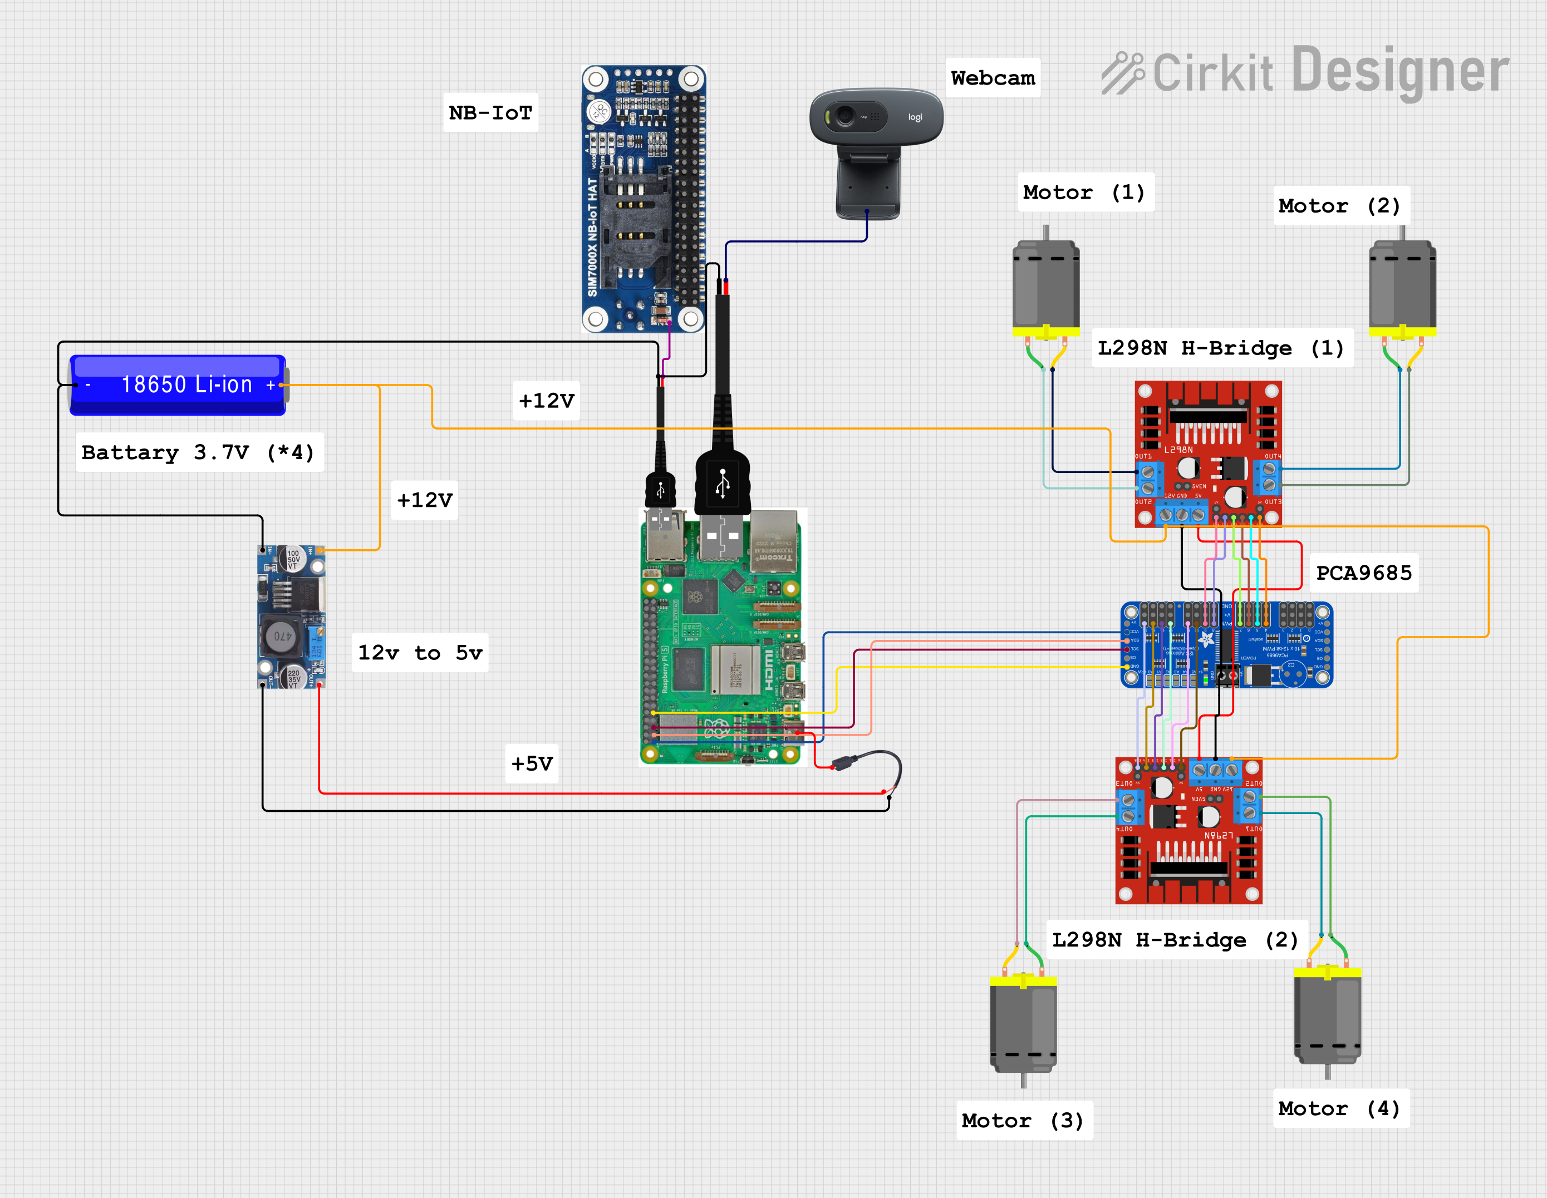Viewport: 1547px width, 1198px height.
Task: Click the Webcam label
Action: pos(993,78)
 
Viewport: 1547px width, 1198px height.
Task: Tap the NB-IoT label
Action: pos(490,112)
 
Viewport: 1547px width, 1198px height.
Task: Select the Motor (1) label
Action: pos(1084,192)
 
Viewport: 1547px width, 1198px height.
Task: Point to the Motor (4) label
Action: pos(1339,1108)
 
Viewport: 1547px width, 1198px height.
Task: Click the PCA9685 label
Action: pos(1363,572)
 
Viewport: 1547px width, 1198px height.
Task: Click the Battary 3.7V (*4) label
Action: pos(198,452)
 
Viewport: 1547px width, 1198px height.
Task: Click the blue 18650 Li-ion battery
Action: pos(177,384)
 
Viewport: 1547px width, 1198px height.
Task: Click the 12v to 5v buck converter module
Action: pos(291,617)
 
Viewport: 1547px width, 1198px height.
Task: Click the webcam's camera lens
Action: pos(844,115)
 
